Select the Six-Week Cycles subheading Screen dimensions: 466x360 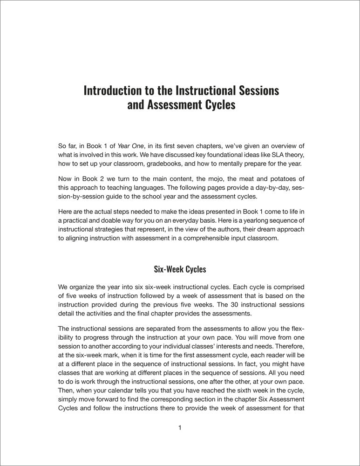coord(180,269)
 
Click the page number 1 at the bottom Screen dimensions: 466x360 coord(180,428)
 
